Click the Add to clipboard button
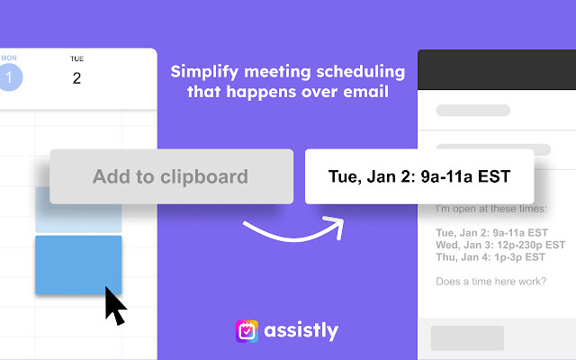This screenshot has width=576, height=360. [x=171, y=176]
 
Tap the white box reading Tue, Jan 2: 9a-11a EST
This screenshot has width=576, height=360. [x=420, y=176]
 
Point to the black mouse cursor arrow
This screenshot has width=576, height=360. [x=115, y=306]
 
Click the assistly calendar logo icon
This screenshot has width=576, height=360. [x=247, y=331]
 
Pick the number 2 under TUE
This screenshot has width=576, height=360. [x=76, y=78]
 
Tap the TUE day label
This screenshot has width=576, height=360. [x=76, y=58]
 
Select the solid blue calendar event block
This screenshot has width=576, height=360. [x=78, y=265]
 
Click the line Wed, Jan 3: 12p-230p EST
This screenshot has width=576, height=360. [x=499, y=244]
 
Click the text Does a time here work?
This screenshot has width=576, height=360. [x=490, y=282]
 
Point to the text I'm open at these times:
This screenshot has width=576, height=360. [x=490, y=209]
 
